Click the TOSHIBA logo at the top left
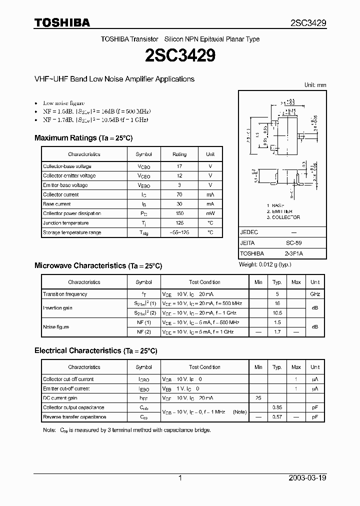(62, 22)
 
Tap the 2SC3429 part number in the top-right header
(308, 23)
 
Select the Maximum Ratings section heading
(83, 138)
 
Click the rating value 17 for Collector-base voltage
(179, 166)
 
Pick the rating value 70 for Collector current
(179, 194)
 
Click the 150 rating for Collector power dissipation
(179, 213)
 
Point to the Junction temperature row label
(65, 223)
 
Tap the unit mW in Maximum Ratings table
(210, 213)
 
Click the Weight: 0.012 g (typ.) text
(265, 264)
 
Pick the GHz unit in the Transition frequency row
(315, 294)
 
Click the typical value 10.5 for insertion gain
(277, 313)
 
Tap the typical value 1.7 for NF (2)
(277, 332)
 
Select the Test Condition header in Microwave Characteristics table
(204, 282)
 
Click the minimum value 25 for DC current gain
(258, 398)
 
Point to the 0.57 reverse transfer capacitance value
(277, 417)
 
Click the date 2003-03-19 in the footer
(307, 478)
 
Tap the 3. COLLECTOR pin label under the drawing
(283, 217)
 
